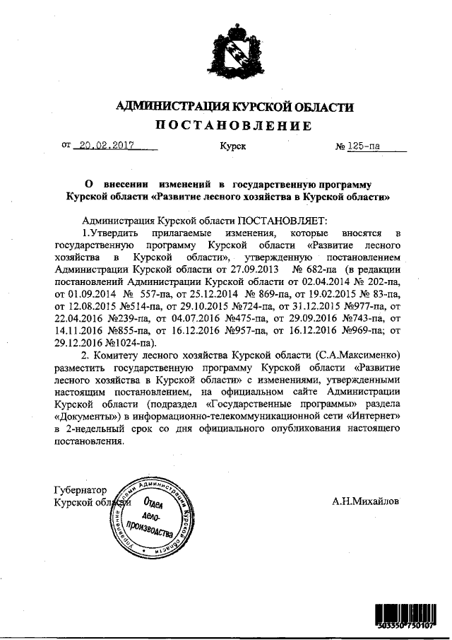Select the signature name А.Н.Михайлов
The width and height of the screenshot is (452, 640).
(365, 501)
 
